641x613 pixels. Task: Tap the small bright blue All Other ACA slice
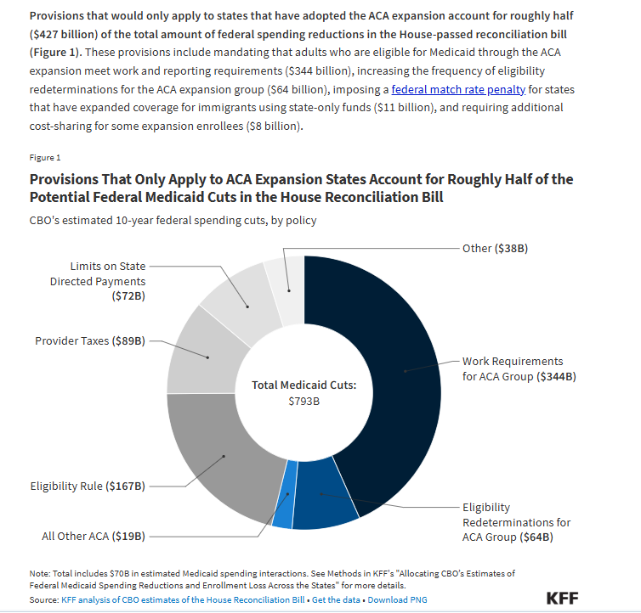click(286, 506)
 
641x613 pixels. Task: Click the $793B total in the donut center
click(303, 401)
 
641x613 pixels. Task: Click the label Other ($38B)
click(489, 248)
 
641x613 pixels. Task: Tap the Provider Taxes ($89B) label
click(90, 341)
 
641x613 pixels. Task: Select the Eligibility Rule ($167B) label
click(88, 486)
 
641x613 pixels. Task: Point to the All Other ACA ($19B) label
click(94, 537)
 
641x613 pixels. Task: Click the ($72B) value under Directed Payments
click(128, 296)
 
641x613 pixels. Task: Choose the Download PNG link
click(399, 600)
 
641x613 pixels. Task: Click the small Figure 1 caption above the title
click(46, 158)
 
